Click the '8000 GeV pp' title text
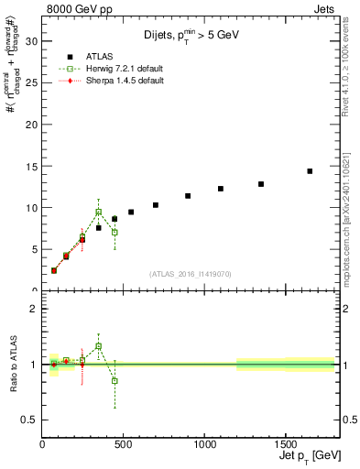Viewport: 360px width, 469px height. (x=77, y=8)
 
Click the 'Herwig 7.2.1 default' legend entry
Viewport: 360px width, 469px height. (x=115, y=69)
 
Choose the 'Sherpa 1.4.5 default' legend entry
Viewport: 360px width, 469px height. (x=115, y=81)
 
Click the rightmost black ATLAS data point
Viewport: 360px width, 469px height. (x=310, y=170)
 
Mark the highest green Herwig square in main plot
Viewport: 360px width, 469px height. (x=98, y=212)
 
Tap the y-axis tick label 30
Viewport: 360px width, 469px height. (x=31, y=41)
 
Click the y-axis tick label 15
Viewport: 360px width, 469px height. (x=31, y=166)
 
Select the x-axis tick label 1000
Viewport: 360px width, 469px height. (x=204, y=444)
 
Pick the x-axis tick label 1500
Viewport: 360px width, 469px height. (x=285, y=444)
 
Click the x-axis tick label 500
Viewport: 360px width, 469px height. (x=124, y=444)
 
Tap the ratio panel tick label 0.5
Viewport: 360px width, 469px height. (x=29, y=420)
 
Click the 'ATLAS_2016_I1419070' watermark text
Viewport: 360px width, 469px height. (x=190, y=273)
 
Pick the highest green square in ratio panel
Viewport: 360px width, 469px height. (x=98, y=346)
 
